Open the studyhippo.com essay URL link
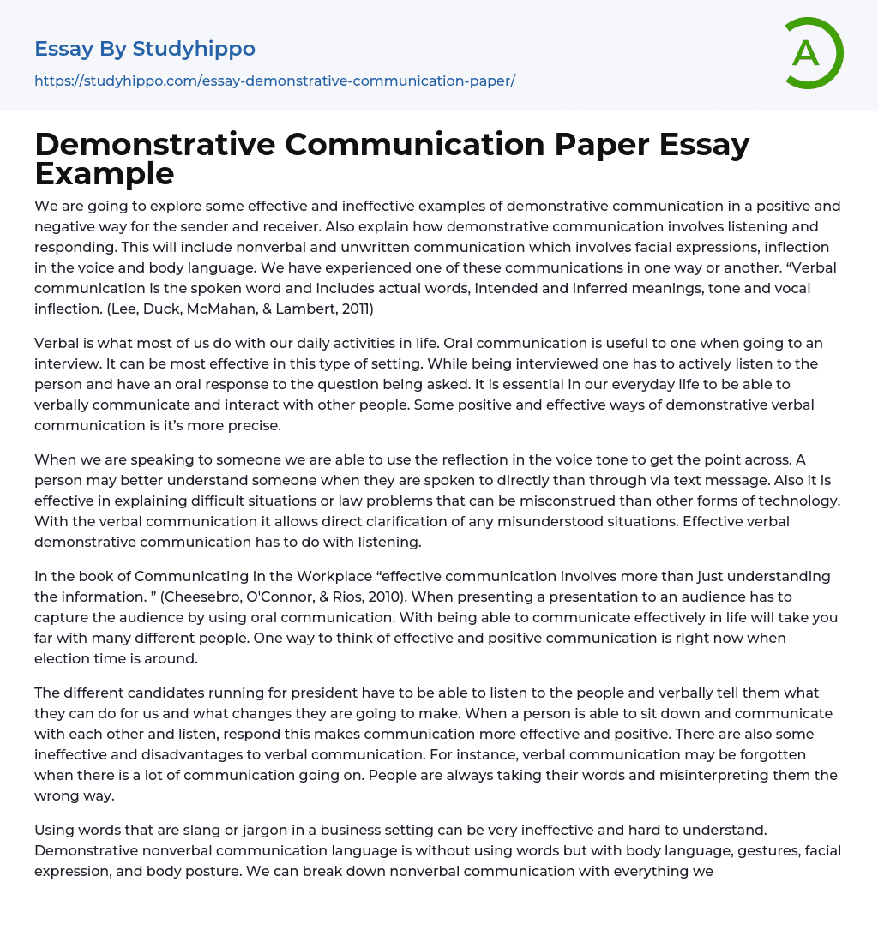(x=274, y=81)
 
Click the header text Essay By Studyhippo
(x=145, y=49)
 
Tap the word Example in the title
(x=105, y=174)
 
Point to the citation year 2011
(x=348, y=309)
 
